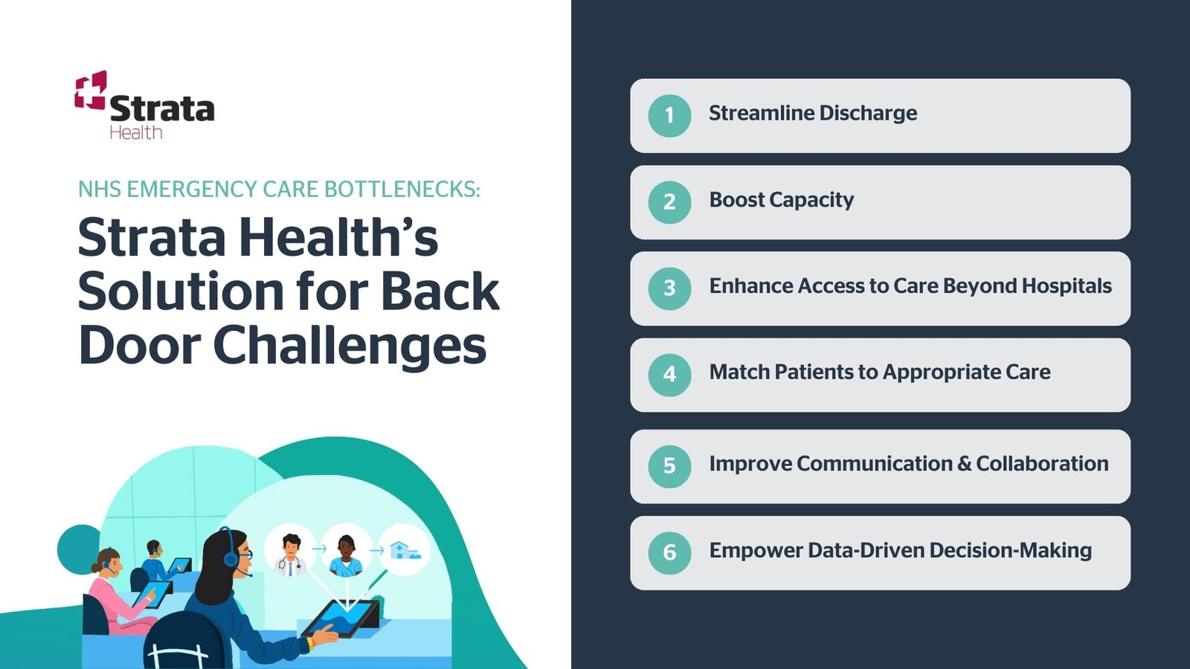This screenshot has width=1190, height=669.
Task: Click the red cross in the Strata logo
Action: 91,91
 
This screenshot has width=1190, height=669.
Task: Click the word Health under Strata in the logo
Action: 135,132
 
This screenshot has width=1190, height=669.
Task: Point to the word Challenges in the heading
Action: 350,346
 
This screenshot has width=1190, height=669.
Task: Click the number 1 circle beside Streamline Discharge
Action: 669,115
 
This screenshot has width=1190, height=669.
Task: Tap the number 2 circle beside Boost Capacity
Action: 669,201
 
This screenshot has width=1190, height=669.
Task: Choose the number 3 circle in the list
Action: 669,288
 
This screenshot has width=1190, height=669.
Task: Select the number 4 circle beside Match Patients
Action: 669,374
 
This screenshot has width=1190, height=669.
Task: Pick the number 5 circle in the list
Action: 669,466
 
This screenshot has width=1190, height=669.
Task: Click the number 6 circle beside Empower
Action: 669,552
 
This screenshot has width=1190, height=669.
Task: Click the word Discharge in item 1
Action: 868,113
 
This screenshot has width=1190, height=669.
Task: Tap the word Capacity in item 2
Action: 811,200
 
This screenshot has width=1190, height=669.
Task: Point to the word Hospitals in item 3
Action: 1067,286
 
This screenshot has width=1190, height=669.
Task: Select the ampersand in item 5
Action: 965,464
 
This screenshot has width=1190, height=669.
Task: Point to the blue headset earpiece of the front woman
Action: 231,558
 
